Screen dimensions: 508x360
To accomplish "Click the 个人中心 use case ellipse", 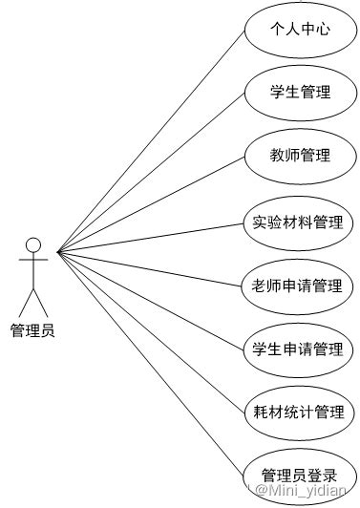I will [301, 30].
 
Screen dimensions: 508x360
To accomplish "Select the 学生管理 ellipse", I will [301, 93].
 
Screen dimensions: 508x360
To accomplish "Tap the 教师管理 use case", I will [301, 156].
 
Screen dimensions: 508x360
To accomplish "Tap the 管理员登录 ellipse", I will [301, 475].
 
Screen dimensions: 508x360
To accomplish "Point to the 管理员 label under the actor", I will [32, 330].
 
